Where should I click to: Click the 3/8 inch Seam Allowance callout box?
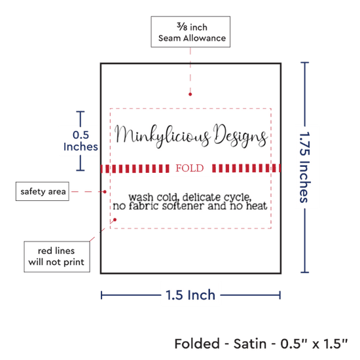click(x=190, y=32)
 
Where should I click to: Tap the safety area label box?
click(x=43, y=191)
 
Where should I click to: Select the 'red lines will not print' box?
click(x=57, y=257)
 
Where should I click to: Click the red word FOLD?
click(x=190, y=168)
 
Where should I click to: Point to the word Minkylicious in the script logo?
click(x=162, y=136)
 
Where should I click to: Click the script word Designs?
click(x=240, y=135)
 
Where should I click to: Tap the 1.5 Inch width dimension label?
click(x=190, y=295)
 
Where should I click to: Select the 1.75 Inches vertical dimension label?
click(x=305, y=167)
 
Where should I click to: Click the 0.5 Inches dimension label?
click(x=81, y=141)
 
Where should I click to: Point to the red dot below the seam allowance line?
click(x=190, y=94)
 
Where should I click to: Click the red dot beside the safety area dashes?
click(x=105, y=192)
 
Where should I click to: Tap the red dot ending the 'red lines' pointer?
click(x=115, y=220)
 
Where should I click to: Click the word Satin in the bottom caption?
click(x=250, y=344)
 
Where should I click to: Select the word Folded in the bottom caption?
click(x=197, y=344)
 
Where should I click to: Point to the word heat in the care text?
click(x=257, y=206)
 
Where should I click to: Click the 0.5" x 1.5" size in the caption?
click(x=314, y=344)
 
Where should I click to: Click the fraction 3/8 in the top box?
click(x=182, y=26)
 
